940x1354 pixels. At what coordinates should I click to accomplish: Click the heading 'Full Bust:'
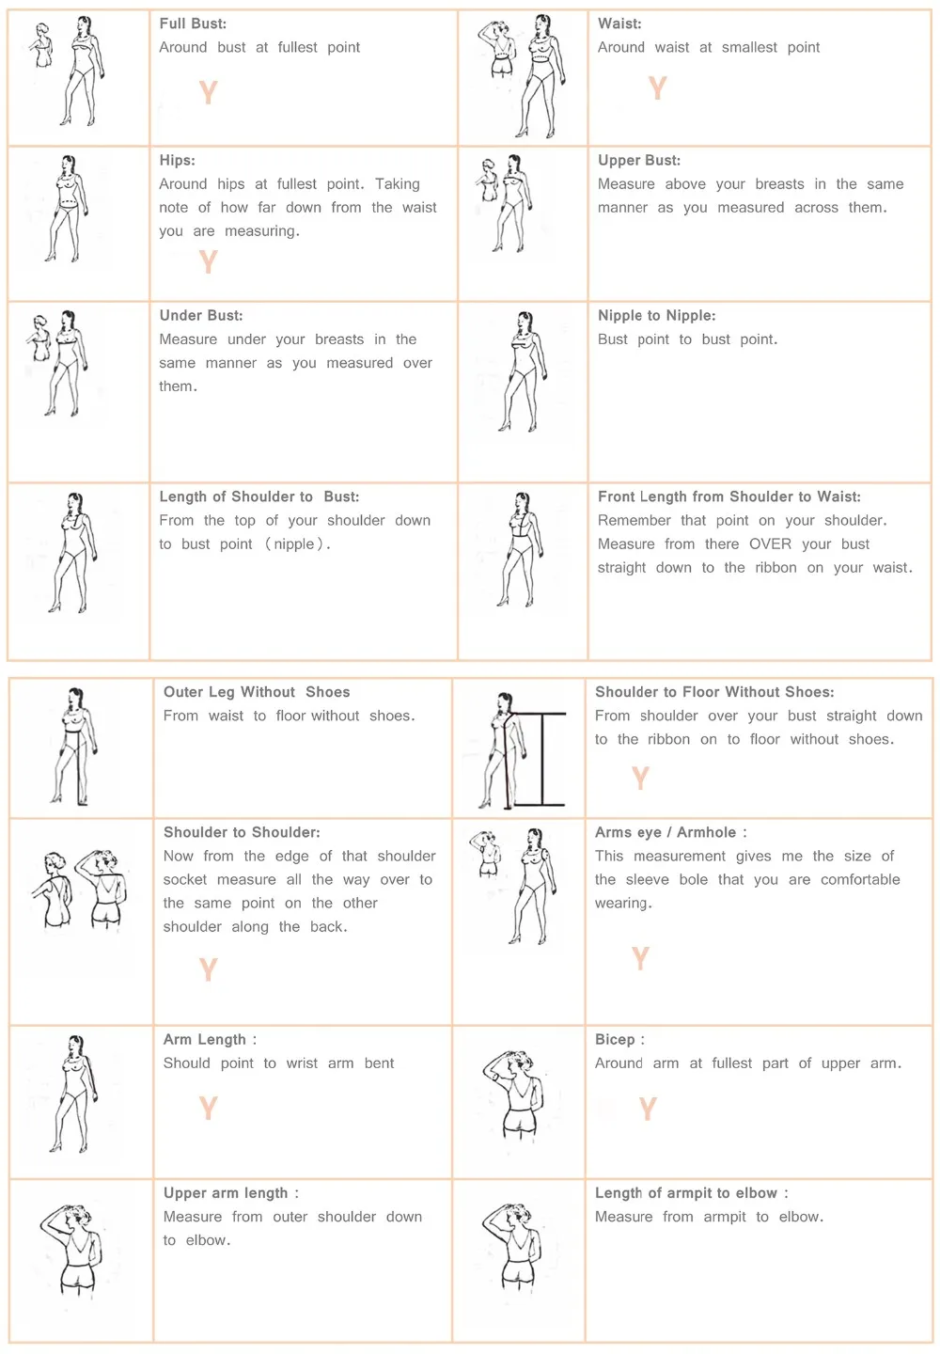click(x=193, y=24)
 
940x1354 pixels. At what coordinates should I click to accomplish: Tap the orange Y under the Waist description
click(x=657, y=88)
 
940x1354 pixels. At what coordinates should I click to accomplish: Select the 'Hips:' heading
click(x=177, y=161)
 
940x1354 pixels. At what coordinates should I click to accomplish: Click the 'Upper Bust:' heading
click(x=639, y=161)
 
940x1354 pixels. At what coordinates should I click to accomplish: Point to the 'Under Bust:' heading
click(x=200, y=316)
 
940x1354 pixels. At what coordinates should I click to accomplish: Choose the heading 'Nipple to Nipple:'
click(x=656, y=316)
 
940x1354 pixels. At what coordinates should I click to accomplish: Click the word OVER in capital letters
click(x=770, y=544)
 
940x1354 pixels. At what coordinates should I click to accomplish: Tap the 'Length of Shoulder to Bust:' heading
click(x=258, y=497)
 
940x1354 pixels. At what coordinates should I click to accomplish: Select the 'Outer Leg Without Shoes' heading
click(x=257, y=692)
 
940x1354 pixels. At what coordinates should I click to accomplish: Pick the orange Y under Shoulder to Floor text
click(x=640, y=778)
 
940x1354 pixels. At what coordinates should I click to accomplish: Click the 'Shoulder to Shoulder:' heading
click(x=242, y=833)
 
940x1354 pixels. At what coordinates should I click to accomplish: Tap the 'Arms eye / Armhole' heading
click(x=669, y=833)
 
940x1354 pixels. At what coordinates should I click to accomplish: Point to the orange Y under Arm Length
click(x=208, y=1109)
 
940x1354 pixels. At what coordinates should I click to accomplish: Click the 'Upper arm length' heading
click(x=230, y=1193)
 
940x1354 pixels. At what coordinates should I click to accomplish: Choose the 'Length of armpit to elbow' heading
click(x=691, y=1193)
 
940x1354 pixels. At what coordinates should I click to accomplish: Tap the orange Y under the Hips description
click(x=208, y=261)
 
